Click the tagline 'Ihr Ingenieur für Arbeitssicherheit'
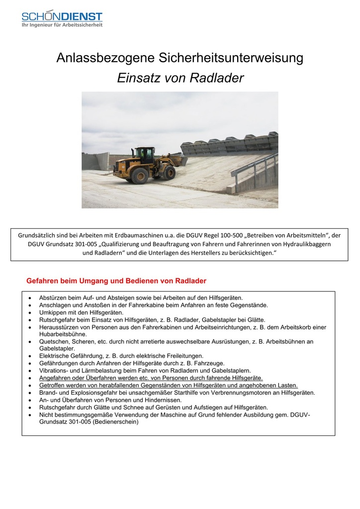coord(62,25)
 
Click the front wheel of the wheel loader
coord(169,173)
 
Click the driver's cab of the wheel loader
coord(145,155)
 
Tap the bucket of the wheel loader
coord(178,160)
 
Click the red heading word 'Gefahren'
coord(43,281)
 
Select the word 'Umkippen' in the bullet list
coord(53,312)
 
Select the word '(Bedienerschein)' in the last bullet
coord(115,422)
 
